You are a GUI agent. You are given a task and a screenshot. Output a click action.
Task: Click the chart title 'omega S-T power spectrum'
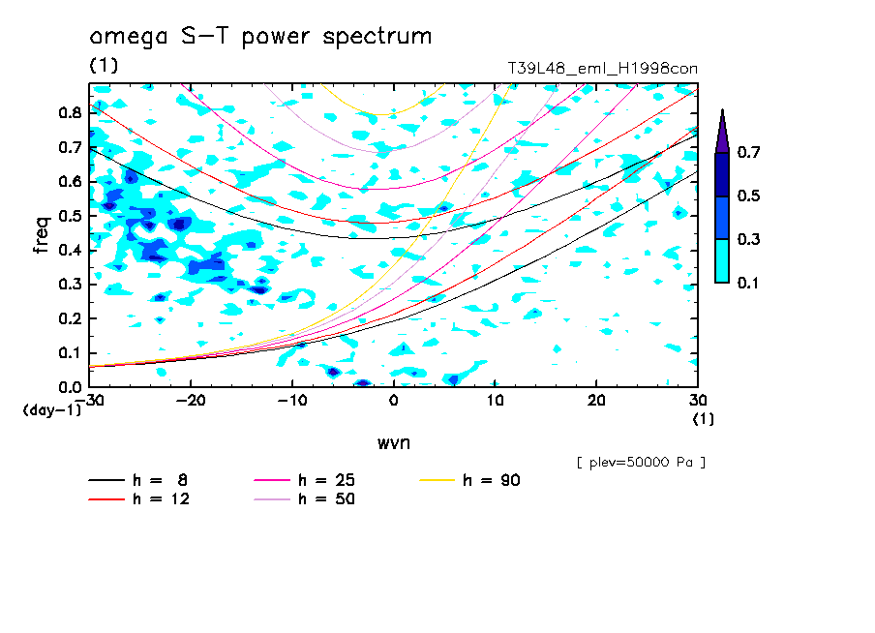(260, 38)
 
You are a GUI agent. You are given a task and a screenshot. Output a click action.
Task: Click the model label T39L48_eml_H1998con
(602, 69)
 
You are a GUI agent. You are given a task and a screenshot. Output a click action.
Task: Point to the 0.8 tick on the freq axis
(69, 112)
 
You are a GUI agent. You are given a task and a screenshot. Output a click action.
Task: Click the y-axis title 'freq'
(41, 235)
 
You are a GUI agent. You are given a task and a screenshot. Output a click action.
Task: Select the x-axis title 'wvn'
(392, 442)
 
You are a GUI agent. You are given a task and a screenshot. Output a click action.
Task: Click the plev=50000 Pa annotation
(641, 463)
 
